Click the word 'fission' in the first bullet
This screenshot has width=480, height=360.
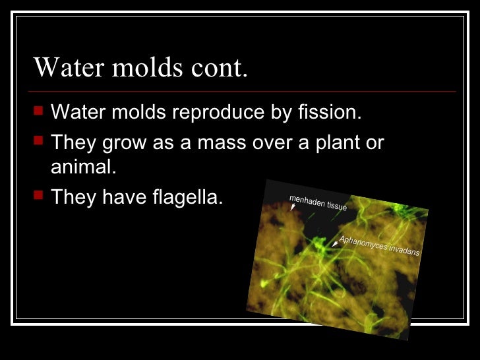click(x=334, y=113)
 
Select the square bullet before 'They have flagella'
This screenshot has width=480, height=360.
click(x=39, y=196)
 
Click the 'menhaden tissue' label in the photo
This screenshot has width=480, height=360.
click(x=318, y=202)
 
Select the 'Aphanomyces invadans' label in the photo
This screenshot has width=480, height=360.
click(x=379, y=245)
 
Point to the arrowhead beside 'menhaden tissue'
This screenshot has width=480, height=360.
click(x=292, y=207)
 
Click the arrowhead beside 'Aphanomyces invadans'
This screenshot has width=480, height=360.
click(x=334, y=244)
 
